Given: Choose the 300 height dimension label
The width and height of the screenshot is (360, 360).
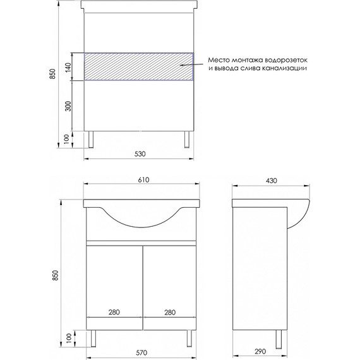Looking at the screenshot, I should pos(68,105).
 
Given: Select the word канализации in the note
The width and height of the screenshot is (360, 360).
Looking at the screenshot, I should pos(285,69).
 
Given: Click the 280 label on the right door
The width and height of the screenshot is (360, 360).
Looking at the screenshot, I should pos(169,312).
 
